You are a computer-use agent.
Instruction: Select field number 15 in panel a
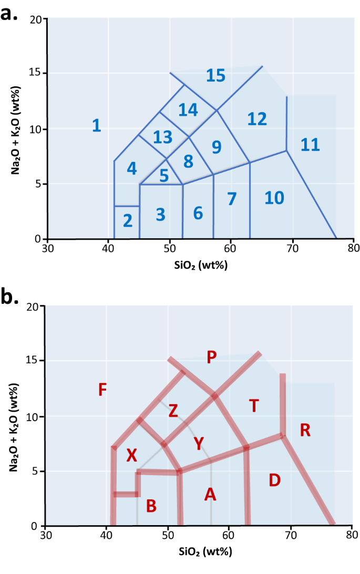click(x=215, y=76)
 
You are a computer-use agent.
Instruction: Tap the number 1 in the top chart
click(x=96, y=126)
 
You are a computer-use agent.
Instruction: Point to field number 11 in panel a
click(x=310, y=145)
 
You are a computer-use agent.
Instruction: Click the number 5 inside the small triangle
click(x=164, y=176)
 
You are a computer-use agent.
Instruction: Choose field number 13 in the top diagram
click(x=163, y=137)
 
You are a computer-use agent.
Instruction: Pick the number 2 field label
click(x=127, y=221)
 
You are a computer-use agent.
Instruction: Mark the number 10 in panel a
click(x=274, y=198)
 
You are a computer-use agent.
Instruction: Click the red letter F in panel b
click(x=102, y=389)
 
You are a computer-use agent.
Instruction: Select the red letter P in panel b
click(x=211, y=358)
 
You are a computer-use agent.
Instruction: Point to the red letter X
click(x=131, y=456)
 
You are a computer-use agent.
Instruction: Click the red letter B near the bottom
click(x=151, y=506)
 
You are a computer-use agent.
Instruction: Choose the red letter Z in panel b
click(x=173, y=412)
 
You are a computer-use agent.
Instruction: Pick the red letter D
click(x=274, y=480)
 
